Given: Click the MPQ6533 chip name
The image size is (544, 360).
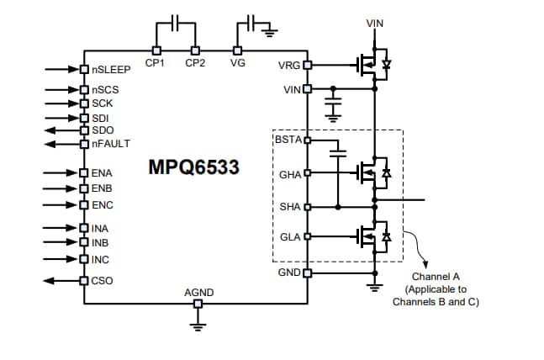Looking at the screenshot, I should (x=193, y=167).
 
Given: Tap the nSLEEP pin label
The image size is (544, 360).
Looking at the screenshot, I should (x=110, y=70).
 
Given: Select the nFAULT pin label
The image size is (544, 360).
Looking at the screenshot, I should (x=111, y=144).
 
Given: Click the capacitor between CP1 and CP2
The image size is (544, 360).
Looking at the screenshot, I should (x=175, y=24).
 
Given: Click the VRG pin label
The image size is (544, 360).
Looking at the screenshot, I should (x=288, y=65).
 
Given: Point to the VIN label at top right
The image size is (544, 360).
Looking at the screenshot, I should (x=375, y=23).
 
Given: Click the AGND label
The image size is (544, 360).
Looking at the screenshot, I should (x=198, y=293).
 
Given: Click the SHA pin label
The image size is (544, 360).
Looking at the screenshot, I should (x=289, y=206).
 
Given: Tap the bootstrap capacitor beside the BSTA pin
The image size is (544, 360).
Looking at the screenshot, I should (x=337, y=155).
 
